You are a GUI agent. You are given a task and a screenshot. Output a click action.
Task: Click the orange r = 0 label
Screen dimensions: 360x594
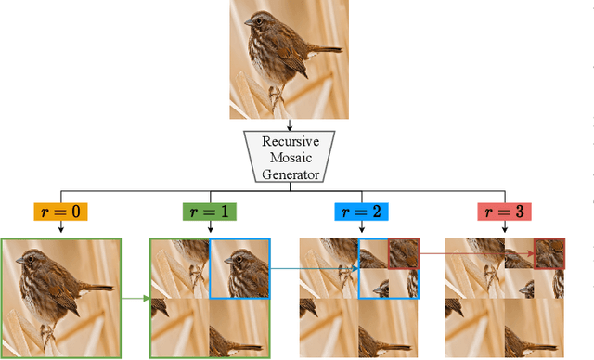[x=60, y=212]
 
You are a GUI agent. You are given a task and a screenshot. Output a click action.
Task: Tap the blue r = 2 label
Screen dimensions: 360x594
[x=358, y=212]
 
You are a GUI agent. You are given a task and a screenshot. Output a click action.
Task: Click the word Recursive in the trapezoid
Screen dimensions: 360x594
[x=291, y=142]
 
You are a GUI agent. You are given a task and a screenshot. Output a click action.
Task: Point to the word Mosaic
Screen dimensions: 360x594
[x=291, y=158]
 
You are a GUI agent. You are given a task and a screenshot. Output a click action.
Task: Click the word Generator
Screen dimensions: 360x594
[x=291, y=174]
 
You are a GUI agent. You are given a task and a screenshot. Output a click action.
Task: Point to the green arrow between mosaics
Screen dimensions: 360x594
[x=136, y=299]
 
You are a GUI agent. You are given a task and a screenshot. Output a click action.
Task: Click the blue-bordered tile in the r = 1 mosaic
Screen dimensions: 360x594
[x=239, y=269]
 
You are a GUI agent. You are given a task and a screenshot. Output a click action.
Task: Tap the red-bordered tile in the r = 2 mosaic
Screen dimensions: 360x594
[x=403, y=253]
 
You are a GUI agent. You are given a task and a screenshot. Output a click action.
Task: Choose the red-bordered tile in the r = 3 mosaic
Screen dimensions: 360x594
[x=549, y=253]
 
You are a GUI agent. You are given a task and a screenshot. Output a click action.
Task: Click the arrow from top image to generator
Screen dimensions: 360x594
[x=291, y=124]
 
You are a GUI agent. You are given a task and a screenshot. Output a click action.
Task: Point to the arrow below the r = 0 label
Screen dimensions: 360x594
[x=60, y=229]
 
